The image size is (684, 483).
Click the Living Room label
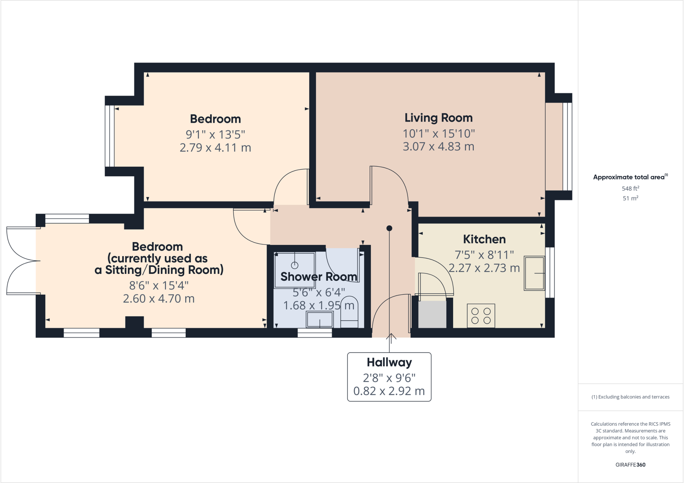click(438, 118)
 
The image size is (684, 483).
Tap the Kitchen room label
click(484, 239)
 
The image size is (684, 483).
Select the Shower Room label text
click(319, 277)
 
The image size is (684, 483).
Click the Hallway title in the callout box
click(389, 362)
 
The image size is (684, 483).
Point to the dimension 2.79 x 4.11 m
click(215, 148)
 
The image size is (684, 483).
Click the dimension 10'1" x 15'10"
click(438, 134)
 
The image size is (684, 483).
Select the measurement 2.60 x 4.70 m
click(159, 299)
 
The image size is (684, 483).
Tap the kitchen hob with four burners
click(481, 316)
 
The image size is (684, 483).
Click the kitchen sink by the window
click(534, 273)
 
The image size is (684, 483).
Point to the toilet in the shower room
click(349, 312)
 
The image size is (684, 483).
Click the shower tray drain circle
click(295, 266)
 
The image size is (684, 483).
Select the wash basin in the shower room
click(320, 320)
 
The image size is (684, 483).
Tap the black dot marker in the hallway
click(389, 228)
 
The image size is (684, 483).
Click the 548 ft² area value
click(630, 188)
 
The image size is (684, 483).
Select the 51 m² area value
click(630, 198)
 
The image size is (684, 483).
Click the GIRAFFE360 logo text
click(630, 465)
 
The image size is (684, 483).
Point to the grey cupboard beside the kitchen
click(432, 314)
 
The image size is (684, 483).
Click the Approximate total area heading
click(629, 177)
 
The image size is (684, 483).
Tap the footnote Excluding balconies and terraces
click(630, 397)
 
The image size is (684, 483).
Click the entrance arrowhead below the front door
click(391, 336)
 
